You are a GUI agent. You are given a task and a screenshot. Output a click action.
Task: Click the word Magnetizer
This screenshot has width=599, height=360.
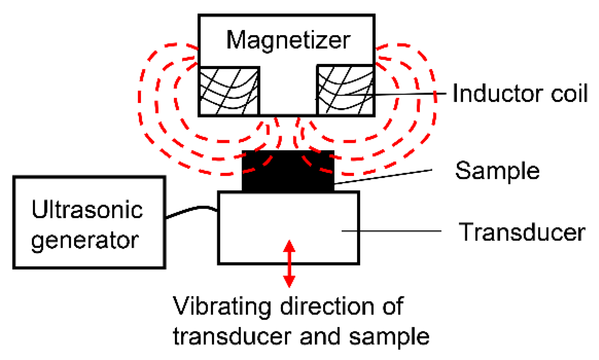point(288,41)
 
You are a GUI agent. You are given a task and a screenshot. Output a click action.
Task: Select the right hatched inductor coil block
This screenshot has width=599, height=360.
point(345,91)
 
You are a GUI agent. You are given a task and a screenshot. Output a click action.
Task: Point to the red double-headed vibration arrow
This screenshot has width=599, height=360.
point(289,264)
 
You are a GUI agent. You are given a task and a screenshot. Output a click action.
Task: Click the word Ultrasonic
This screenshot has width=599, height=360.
point(87,210)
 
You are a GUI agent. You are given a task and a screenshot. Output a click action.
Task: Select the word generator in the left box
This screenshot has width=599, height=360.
point(85,240)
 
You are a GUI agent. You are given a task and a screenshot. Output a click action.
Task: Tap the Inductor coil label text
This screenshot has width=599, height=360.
point(520,93)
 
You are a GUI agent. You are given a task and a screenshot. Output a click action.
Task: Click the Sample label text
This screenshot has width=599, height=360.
point(497,171)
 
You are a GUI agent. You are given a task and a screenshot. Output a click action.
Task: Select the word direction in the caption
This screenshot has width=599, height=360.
point(327,306)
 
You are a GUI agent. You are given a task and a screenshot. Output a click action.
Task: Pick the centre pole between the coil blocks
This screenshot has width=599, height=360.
point(288,91)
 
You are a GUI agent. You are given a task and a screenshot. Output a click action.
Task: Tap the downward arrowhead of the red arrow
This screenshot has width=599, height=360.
point(289,282)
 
